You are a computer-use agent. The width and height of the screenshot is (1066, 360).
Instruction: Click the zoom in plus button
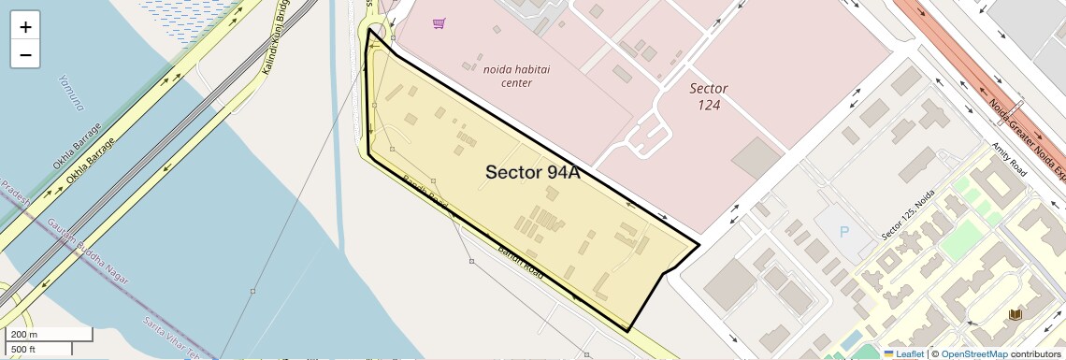point(25,27)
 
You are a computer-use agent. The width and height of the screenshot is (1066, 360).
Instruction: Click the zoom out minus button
point(25,54)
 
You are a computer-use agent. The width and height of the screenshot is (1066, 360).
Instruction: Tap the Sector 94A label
point(528,172)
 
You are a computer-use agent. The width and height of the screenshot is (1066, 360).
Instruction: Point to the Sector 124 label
point(709,95)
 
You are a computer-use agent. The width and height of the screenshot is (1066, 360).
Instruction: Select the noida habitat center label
point(509,76)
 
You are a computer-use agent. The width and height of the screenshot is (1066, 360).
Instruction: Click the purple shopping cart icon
point(439,23)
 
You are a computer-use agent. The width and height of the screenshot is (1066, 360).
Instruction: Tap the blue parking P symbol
point(845,231)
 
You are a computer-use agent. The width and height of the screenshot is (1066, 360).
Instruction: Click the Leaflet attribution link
point(903,353)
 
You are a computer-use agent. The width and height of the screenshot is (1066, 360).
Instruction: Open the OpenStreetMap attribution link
point(973,353)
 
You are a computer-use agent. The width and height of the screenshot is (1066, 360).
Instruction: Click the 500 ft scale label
point(24,350)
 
